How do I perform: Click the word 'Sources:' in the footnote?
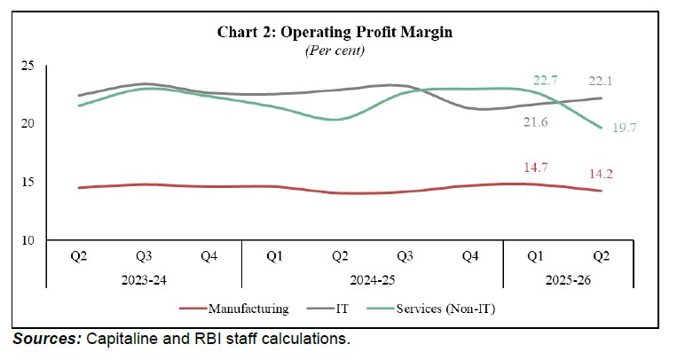(x=44, y=339)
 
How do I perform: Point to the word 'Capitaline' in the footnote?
(x=121, y=339)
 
